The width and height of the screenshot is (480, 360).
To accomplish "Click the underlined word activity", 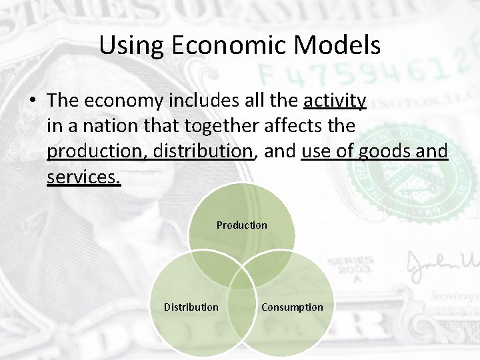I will pos(335,101).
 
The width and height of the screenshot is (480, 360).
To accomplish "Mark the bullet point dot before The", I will pos(32,101).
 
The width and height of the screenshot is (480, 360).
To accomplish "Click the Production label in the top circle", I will pos(241,225).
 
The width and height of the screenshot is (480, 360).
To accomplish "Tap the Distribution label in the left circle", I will pos(191,307).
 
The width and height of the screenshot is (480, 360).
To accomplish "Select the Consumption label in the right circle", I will pos(292,307).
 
